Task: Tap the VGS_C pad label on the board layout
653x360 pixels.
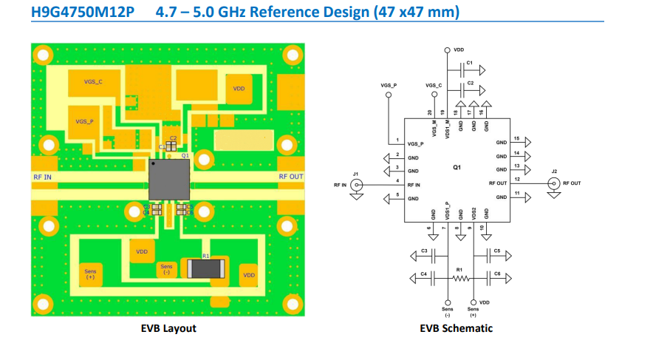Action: pyautogui.click(x=94, y=83)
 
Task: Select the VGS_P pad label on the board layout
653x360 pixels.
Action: pyautogui.click(x=85, y=120)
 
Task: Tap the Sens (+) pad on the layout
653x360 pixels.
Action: pyautogui.click(x=90, y=274)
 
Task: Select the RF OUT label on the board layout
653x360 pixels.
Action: pyautogui.click(x=290, y=177)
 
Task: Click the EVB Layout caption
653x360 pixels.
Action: pyautogui.click(x=168, y=328)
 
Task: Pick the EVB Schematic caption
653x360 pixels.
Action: pyautogui.click(x=456, y=328)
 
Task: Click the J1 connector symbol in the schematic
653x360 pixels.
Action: pyautogui.click(x=358, y=185)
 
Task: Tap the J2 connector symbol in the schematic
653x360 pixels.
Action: pyautogui.click(x=553, y=183)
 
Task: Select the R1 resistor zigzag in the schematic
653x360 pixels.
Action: pyautogui.click(x=461, y=279)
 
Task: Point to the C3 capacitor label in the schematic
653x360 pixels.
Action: pyautogui.click(x=424, y=251)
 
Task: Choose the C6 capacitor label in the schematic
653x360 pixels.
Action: pyautogui.click(x=497, y=274)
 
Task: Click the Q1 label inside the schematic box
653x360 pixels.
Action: pyautogui.click(x=457, y=168)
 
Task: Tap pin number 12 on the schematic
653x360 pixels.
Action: pyautogui.click(x=517, y=179)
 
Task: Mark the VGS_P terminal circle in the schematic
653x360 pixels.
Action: pyautogui.click(x=389, y=95)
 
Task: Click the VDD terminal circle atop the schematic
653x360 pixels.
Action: pyautogui.click(x=447, y=50)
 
